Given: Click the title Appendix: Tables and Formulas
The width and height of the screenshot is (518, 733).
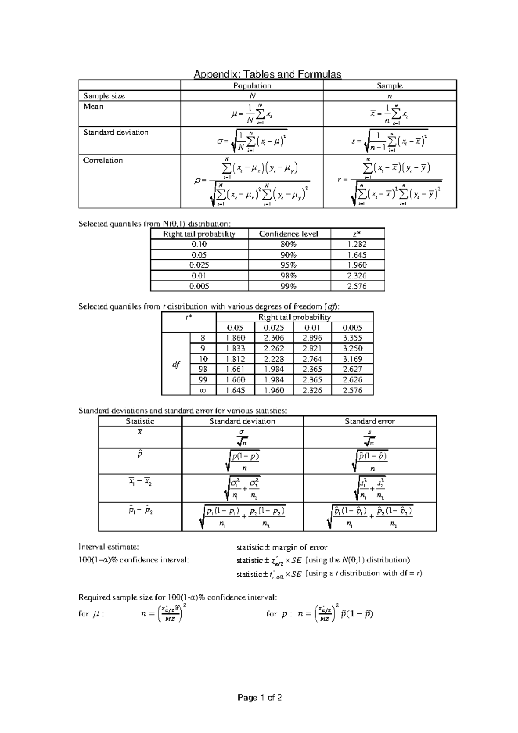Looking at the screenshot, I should pyautogui.click(x=267, y=74).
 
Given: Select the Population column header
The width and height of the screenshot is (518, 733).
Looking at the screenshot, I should pyautogui.click(x=252, y=85).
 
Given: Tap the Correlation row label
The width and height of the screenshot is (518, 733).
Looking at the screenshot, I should pyautogui.click(x=103, y=161).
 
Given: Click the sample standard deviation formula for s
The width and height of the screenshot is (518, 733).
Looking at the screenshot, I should pyautogui.click(x=390, y=141).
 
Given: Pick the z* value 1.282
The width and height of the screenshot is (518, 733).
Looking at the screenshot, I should pyautogui.click(x=357, y=244).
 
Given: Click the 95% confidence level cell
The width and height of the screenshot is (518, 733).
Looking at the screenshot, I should pyautogui.click(x=289, y=265).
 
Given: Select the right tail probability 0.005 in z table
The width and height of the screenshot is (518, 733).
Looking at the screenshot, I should pyautogui.click(x=199, y=286).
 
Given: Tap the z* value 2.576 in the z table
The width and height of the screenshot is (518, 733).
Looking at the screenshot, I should pyautogui.click(x=357, y=286).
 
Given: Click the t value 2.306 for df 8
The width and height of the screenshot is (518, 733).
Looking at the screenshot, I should pyautogui.click(x=274, y=338).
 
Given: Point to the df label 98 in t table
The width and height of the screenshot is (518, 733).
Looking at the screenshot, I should pyautogui.click(x=203, y=370).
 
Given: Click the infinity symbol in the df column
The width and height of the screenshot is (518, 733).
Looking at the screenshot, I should pyautogui.click(x=203, y=390).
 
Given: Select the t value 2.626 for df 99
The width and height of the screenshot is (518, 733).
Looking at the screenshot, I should pyautogui.click(x=352, y=380).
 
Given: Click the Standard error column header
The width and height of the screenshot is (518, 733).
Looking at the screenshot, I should pyautogui.click(x=370, y=421).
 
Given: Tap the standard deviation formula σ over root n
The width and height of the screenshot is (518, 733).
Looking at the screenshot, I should pyautogui.click(x=242, y=437).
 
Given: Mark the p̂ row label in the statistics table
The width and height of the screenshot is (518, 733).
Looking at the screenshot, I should pyautogui.click(x=139, y=455).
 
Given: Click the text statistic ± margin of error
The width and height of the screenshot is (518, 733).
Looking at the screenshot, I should pyautogui.click(x=281, y=547).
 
